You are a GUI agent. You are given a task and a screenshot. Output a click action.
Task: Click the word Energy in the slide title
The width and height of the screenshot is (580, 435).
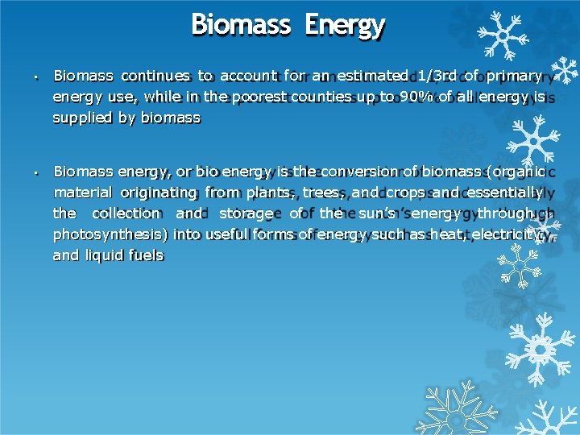(x=345, y=25)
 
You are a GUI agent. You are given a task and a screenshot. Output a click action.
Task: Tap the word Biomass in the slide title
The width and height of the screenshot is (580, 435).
(x=241, y=25)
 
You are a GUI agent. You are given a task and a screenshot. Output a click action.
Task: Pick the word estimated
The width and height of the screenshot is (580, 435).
(x=372, y=76)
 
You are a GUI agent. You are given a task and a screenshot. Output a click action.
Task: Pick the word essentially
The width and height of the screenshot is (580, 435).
(x=493, y=193)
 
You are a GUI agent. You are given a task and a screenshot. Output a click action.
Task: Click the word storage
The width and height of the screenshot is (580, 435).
(x=246, y=213)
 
